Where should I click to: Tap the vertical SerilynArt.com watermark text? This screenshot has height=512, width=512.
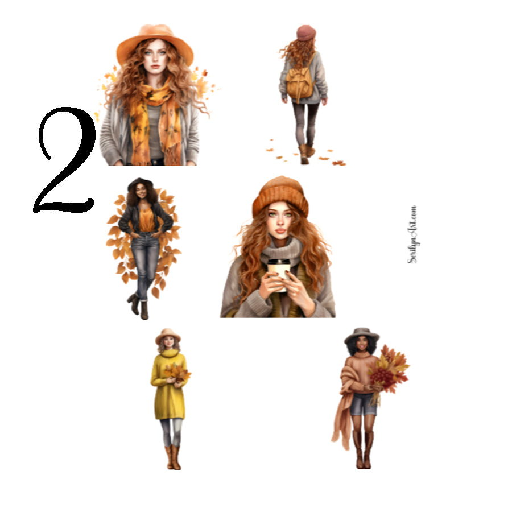coord(412,234)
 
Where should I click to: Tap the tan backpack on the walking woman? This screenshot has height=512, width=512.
coord(300,82)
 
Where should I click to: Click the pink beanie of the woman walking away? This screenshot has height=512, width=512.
coord(305,33)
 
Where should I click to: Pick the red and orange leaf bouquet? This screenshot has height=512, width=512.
coord(389,370)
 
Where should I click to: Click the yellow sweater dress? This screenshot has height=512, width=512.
coord(168,387)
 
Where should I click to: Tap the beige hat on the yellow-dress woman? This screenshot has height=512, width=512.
coord(168,335)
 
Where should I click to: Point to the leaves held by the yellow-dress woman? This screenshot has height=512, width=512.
coord(177,373)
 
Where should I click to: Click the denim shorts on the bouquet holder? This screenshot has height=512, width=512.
coord(363,404)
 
